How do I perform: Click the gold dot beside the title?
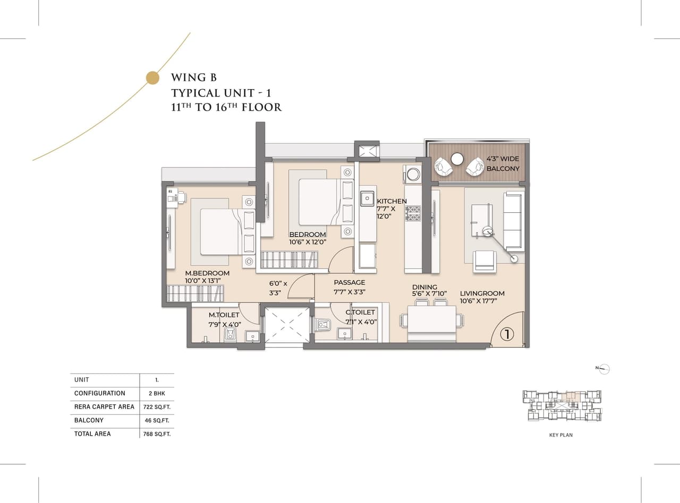pyautogui.click(x=152, y=78)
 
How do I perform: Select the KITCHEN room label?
pyautogui.click(x=392, y=201)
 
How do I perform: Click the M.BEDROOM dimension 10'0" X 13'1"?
pyautogui.click(x=202, y=281)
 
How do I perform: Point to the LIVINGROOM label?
pyautogui.click(x=482, y=293)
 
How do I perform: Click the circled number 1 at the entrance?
pyautogui.click(x=507, y=334)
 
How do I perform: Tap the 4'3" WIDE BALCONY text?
pyautogui.click(x=503, y=163)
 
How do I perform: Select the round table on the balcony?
pyautogui.click(x=457, y=159)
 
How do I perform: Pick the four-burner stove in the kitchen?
pyautogui.click(x=413, y=213)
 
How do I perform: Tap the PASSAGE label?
pyautogui.click(x=349, y=283)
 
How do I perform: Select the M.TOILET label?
pyautogui.click(x=224, y=315)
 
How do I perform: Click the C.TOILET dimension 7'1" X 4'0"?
pyautogui.click(x=360, y=321)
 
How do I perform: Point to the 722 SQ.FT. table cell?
pyautogui.click(x=156, y=407)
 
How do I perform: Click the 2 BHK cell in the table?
pyautogui.click(x=156, y=394)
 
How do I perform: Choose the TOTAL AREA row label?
pyautogui.click(x=92, y=434)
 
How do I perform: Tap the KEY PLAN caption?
pyautogui.click(x=560, y=435)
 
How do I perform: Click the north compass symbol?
pyautogui.click(x=604, y=369)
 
